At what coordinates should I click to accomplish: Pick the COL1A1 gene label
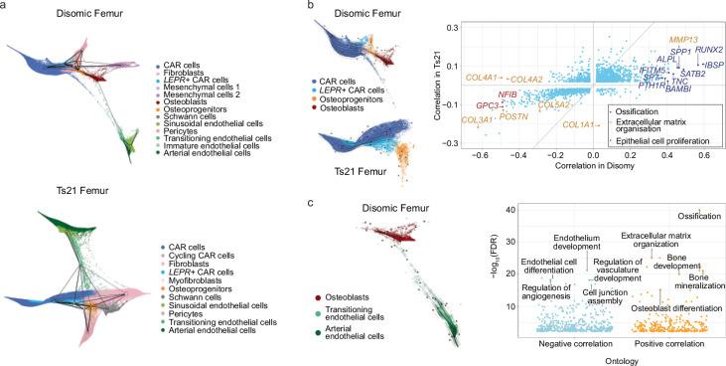click(x=579, y=124)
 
